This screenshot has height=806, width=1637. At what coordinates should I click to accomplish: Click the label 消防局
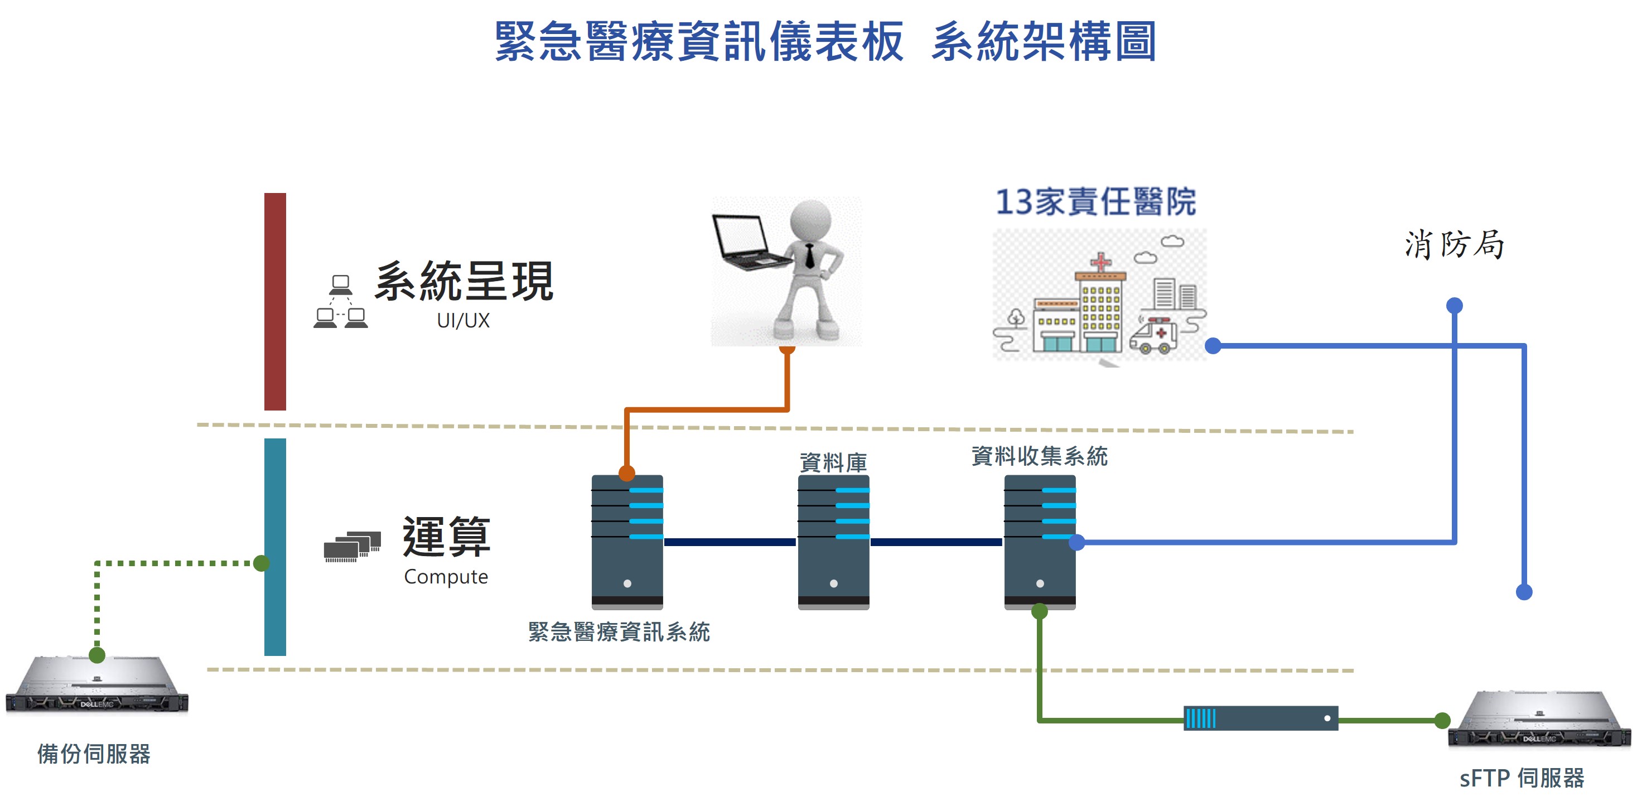coord(1454,245)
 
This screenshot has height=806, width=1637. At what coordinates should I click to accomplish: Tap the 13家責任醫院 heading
coord(1095,202)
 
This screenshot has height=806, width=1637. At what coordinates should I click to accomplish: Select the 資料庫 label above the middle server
coord(833,462)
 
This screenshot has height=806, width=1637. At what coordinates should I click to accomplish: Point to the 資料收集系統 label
coord(1040,456)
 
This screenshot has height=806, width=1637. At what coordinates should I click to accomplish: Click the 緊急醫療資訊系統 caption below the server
coord(619,632)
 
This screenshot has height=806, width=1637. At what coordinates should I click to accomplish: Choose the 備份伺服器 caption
coord(94,754)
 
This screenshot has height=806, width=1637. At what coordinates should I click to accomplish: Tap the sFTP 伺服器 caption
coord(1522,778)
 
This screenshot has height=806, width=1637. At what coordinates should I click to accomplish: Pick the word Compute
coord(446,577)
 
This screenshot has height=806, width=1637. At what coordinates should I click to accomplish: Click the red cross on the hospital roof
coord(1100,261)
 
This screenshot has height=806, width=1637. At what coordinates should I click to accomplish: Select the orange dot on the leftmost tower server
coord(626,473)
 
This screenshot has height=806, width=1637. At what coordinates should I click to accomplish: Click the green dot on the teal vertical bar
coord(261,563)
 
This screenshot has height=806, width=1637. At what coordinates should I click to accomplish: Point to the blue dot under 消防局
coord(1454,306)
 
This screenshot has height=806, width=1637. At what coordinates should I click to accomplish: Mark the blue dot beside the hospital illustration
coord(1213,346)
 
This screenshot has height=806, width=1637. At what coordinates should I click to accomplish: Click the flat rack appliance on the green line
coord(1261,718)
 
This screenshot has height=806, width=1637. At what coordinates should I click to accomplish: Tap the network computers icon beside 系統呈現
coord(341,302)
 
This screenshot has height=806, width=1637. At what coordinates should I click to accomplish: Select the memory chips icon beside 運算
coord(352,546)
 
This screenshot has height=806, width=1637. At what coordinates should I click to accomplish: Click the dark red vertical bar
coord(275,301)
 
